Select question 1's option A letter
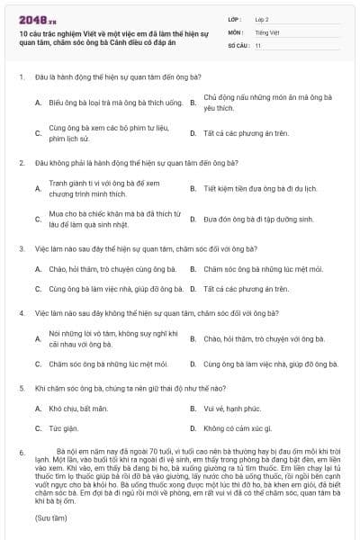point(38,103)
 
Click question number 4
point(21,313)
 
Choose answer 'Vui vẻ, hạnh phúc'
point(233,409)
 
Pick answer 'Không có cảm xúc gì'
point(237,428)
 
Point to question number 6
point(21,452)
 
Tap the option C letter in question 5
point(38,428)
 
